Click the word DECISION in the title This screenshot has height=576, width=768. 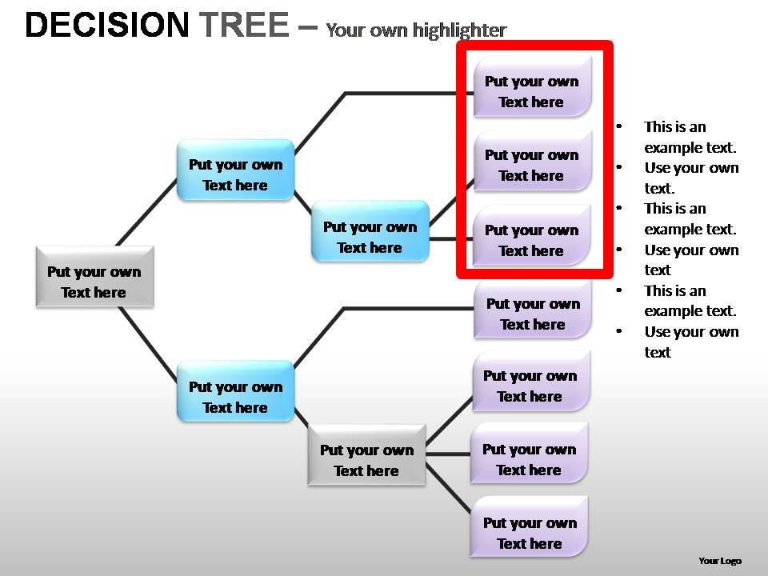106,26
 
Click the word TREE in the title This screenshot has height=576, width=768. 244,26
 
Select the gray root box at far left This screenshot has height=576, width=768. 94,277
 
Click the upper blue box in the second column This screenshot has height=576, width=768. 235,170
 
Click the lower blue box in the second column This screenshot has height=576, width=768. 235,391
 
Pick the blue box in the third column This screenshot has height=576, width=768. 370,232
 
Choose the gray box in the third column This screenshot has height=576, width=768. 366,454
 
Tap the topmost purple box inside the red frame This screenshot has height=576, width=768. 532,86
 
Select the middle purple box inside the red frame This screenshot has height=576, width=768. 532,160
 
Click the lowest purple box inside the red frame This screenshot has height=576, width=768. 532,235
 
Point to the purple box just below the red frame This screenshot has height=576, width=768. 533,309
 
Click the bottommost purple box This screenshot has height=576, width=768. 530,527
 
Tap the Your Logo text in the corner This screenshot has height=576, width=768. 719,561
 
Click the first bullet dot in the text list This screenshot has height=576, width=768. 618,126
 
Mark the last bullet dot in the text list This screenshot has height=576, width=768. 618,331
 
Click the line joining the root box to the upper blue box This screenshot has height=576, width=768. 146,212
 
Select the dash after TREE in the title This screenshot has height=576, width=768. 306,26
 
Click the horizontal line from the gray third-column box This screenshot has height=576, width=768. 448,454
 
